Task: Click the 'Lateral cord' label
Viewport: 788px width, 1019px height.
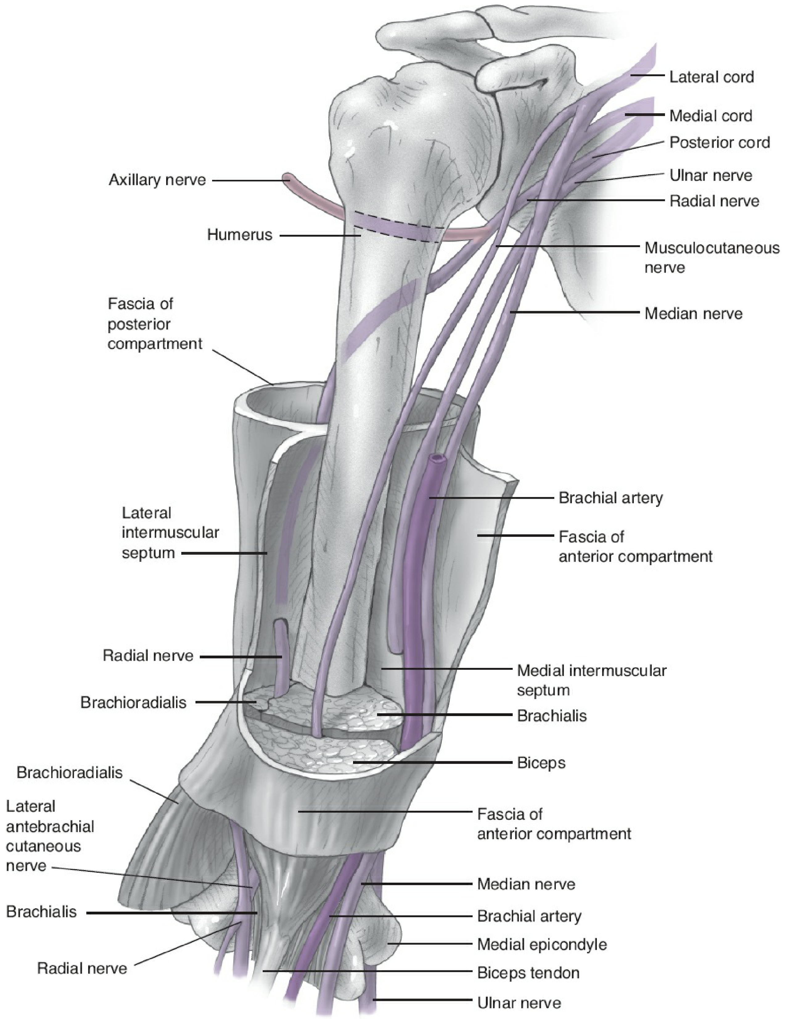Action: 711,77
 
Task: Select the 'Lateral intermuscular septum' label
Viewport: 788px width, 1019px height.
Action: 170,533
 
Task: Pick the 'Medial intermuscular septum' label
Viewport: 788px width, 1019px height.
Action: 591,680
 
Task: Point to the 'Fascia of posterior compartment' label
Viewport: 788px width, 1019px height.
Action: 155,324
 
